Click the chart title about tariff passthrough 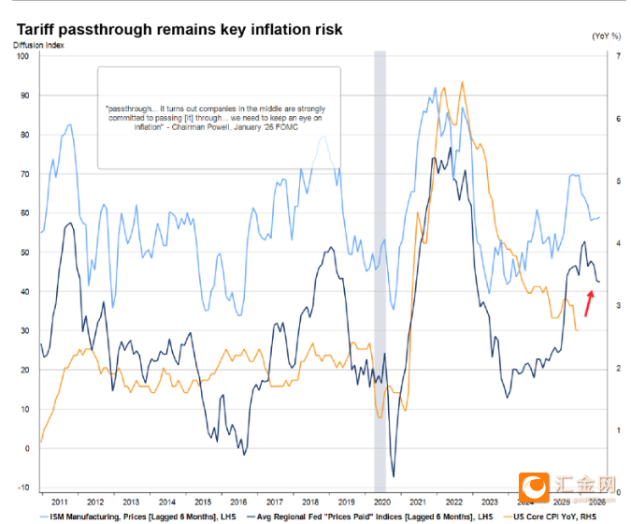(178, 30)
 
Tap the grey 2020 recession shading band (380, 271)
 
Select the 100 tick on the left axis (24, 56)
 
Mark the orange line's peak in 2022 (461, 81)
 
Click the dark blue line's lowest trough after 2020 (394, 476)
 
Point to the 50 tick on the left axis (25, 253)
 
